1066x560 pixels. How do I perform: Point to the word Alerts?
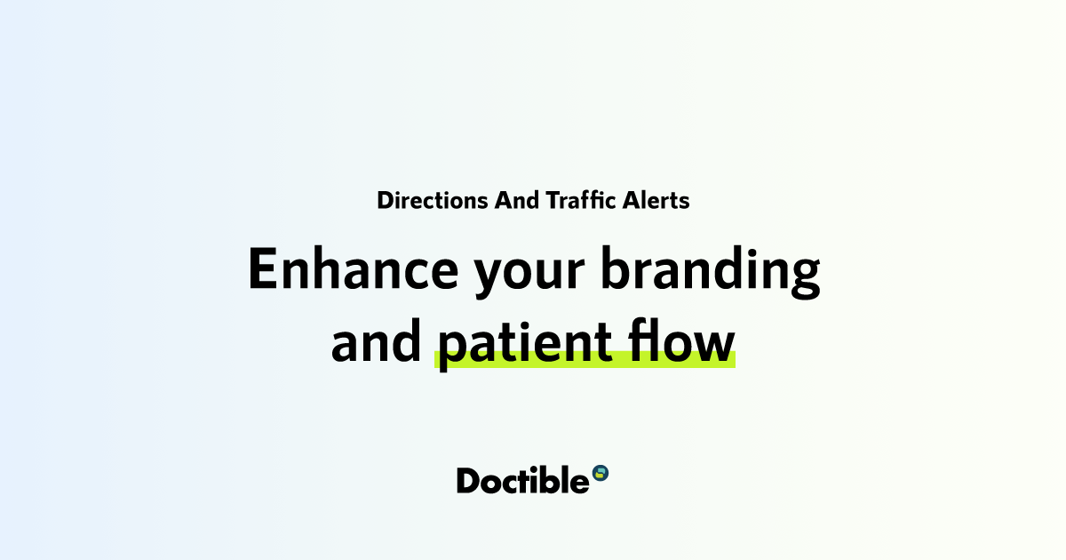[x=656, y=200]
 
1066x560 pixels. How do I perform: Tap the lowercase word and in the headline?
[x=376, y=342]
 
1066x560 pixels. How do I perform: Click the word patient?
[x=525, y=343]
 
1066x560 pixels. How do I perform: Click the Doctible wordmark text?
[x=522, y=480]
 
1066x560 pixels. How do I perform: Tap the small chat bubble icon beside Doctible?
[x=601, y=472]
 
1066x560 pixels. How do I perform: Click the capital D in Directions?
[x=385, y=200]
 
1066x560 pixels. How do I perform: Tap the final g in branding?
[x=803, y=275]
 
